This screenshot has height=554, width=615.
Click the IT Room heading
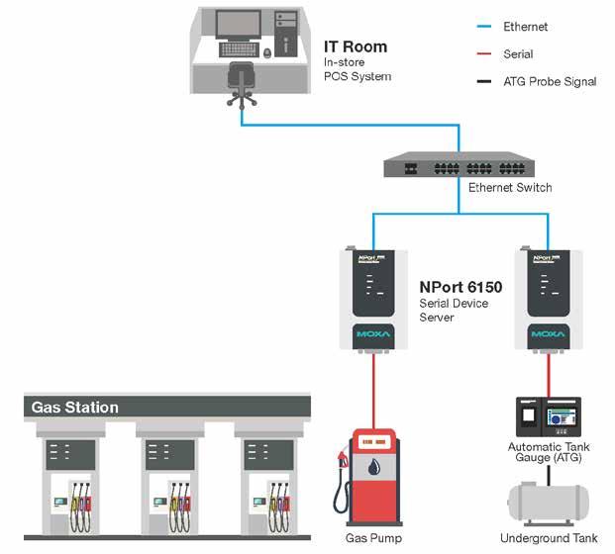pos(356,46)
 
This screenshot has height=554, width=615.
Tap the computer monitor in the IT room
pos(238,26)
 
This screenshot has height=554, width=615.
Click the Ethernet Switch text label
pos(509,187)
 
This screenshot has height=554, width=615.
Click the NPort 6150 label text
pos(461,288)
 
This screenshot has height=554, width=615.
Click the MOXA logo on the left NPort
pos(374,335)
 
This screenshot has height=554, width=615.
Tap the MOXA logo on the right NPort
pos(547,335)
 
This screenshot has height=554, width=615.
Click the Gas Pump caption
pos(372,538)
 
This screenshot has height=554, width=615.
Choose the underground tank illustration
pos(548,503)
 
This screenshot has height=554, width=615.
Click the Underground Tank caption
pos(549,538)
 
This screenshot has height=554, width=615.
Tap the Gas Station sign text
pos(75,408)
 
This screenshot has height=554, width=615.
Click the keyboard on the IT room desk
pos(238,48)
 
